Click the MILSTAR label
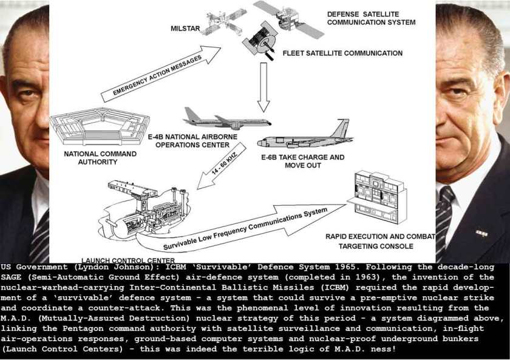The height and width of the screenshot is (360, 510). tap(185, 29)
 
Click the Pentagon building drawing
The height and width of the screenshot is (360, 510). tap(100, 126)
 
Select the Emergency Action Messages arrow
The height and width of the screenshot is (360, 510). tap(161, 74)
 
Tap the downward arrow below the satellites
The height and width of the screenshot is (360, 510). tap(263, 87)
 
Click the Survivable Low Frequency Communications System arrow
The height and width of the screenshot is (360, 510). tap(240, 226)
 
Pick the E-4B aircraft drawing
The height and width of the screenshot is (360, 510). tap(226, 120)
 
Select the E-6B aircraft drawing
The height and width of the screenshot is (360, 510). tap(305, 135)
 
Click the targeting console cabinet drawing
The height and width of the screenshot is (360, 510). tap(377, 197)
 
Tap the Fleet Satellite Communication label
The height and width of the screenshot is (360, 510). tap(342, 53)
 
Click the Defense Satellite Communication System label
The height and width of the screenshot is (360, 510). tap(371, 18)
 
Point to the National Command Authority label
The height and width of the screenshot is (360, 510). tap(100, 158)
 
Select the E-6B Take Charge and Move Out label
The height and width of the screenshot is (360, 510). tap(303, 161)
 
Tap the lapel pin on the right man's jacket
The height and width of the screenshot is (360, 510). tap(481, 233)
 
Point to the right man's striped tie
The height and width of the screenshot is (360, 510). tap(445, 221)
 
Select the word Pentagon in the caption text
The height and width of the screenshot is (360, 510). tap(83, 329)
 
